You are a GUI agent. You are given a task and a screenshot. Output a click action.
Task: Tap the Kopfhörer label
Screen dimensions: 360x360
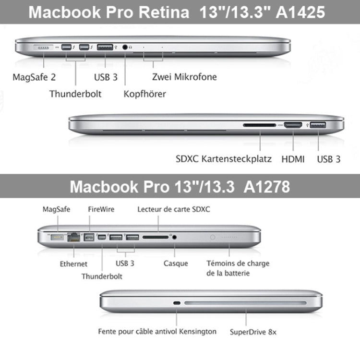(x=144, y=94)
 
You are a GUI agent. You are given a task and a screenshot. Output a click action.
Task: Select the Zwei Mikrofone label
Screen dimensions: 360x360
(x=184, y=77)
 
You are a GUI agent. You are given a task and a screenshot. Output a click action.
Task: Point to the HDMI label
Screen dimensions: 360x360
(x=293, y=159)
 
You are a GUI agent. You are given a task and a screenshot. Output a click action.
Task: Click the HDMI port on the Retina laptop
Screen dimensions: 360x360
(x=293, y=125)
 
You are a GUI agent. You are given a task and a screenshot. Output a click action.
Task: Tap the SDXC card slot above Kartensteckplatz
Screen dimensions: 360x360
(x=260, y=125)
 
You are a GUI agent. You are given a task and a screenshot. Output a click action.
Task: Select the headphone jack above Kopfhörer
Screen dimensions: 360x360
(x=126, y=47)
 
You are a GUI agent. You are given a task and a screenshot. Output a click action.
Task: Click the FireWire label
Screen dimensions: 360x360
(x=101, y=209)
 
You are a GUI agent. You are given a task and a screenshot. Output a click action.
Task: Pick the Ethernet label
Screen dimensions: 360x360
(x=73, y=264)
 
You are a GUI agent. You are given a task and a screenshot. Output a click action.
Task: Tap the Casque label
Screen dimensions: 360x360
(x=176, y=264)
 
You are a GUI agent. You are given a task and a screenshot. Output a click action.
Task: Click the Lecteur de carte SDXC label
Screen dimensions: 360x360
(x=174, y=209)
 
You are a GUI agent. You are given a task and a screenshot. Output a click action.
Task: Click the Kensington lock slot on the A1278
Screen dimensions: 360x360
(x=177, y=303)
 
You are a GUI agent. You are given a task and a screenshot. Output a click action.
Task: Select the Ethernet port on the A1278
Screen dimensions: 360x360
(x=74, y=237)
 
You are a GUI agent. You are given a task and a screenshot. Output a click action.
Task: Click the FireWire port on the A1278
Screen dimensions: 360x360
(x=90, y=237)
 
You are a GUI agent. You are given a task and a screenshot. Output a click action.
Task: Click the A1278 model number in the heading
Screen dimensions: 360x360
(x=266, y=186)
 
